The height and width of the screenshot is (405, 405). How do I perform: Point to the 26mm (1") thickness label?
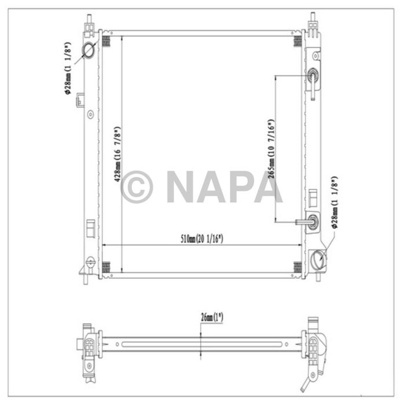pyautogui.click(x=212, y=317)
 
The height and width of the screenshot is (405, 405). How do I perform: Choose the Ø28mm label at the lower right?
pyautogui.click(x=336, y=203)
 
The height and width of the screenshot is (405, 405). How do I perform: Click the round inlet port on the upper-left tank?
pyautogui.click(x=89, y=50)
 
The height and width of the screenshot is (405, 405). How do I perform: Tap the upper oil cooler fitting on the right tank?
pyautogui.click(x=312, y=76)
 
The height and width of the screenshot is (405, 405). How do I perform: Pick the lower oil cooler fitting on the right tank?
pyautogui.click(x=312, y=220)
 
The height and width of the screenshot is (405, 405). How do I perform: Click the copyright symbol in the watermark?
pyautogui.click(x=137, y=186)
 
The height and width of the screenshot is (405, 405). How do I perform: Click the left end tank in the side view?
pyautogui.click(x=89, y=347)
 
